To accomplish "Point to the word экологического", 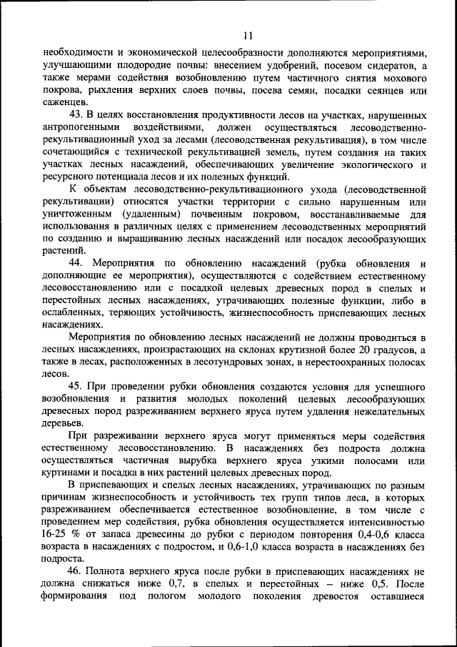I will [x=366, y=165].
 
